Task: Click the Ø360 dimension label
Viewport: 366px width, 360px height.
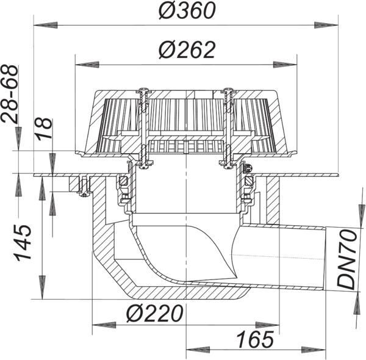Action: [x=187, y=11]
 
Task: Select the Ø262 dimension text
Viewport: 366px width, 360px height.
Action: [x=187, y=49]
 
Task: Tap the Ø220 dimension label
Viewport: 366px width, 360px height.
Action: [x=155, y=314]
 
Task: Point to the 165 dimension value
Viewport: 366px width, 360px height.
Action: [x=255, y=339]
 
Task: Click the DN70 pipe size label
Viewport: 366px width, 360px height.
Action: [x=347, y=259]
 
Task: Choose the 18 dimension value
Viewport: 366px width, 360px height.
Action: [x=45, y=129]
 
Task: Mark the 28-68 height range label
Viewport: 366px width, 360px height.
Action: [x=9, y=94]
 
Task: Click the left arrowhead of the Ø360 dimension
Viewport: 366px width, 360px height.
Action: [x=46, y=25]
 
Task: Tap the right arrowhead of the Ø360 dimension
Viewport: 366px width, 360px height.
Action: [x=326, y=25]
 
